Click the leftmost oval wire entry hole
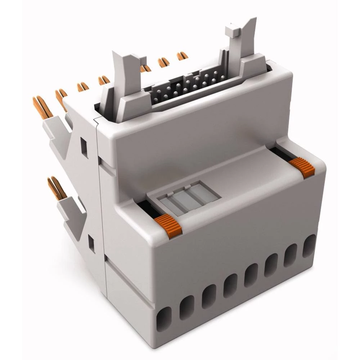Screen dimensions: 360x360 click(164, 319)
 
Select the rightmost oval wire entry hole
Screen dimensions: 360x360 click(309, 246)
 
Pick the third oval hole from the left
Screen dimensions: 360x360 click(208, 296)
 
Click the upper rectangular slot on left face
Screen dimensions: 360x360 click(84, 148)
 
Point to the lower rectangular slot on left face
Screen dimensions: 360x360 click(91, 244)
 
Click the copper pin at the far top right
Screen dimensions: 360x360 click(182, 56)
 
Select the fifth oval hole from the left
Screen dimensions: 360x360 click(251, 275)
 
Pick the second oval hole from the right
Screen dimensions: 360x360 click(290, 255)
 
